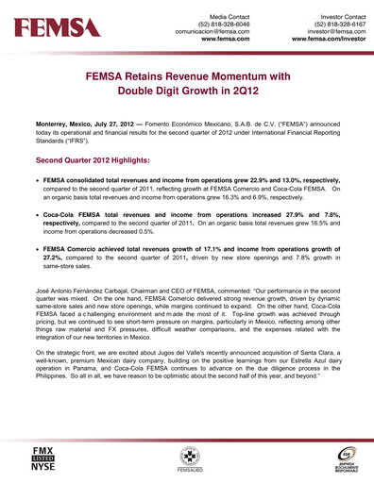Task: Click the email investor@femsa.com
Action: tap(327, 33)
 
